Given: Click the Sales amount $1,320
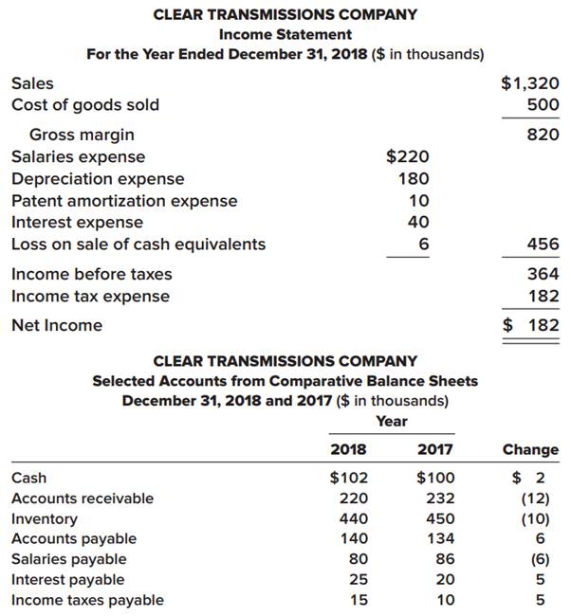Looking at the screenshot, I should tap(529, 83).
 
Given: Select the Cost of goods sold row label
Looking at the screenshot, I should tap(84, 104).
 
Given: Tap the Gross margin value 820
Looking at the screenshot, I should tap(543, 135).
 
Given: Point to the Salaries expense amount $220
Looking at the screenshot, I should tap(408, 156).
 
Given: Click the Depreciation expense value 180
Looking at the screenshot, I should tap(414, 178).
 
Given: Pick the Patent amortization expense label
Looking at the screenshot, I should tap(124, 201).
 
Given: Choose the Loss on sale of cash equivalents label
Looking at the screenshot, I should tap(138, 245).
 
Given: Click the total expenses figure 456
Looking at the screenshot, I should tap(543, 245).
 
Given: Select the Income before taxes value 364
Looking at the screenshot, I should tap(543, 274).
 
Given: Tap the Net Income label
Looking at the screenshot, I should tap(57, 325).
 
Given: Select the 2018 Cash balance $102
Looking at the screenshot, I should tap(348, 478).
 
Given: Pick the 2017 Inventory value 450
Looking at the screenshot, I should tap(441, 518).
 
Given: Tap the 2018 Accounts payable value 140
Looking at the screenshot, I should tap(354, 538).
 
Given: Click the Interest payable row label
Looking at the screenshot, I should tap(67, 579).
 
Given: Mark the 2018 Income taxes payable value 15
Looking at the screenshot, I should tap(359, 600).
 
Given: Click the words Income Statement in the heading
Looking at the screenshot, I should tap(285, 34).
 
